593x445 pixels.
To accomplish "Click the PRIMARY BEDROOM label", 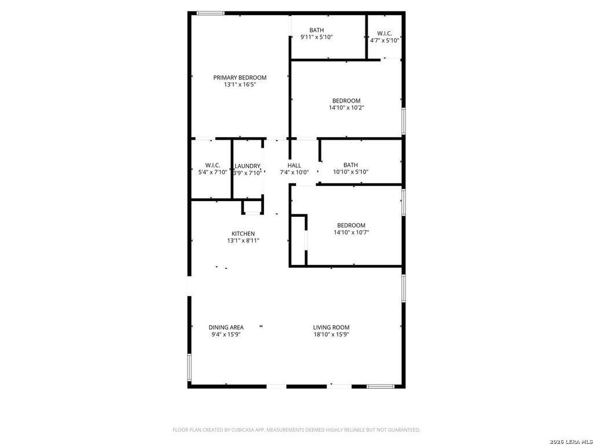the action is click(x=240, y=78).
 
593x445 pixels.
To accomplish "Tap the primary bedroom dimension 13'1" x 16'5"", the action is click(x=240, y=85).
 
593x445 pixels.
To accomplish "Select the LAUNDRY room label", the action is click(x=247, y=166).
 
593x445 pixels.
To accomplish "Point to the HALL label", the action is click(x=294, y=165).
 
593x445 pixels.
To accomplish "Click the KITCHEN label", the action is click(x=243, y=234).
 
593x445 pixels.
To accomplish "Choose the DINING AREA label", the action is click(x=226, y=327).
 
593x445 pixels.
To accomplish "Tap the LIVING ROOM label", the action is click(x=331, y=327).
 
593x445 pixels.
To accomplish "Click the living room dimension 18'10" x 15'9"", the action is click(x=331, y=334).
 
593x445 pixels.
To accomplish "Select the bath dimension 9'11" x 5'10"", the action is click(x=317, y=37).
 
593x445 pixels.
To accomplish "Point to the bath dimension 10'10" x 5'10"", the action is click(x=350, y=172).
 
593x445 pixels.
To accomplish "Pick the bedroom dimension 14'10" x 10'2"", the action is click(x=346, y=108).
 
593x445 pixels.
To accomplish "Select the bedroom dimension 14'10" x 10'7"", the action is click(x=352, y=232).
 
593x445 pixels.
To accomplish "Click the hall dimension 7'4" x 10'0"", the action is click(x=294, y=173).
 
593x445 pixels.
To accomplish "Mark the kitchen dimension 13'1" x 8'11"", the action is click(x=243, y=240).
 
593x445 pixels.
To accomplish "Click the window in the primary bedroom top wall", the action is click(x=210, y=14).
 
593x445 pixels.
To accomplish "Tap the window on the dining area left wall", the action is click(x=189, y=367).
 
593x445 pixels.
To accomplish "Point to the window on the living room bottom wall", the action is click(x=380, y=386).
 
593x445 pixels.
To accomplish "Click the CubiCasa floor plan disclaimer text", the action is click(x=296, y=430).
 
